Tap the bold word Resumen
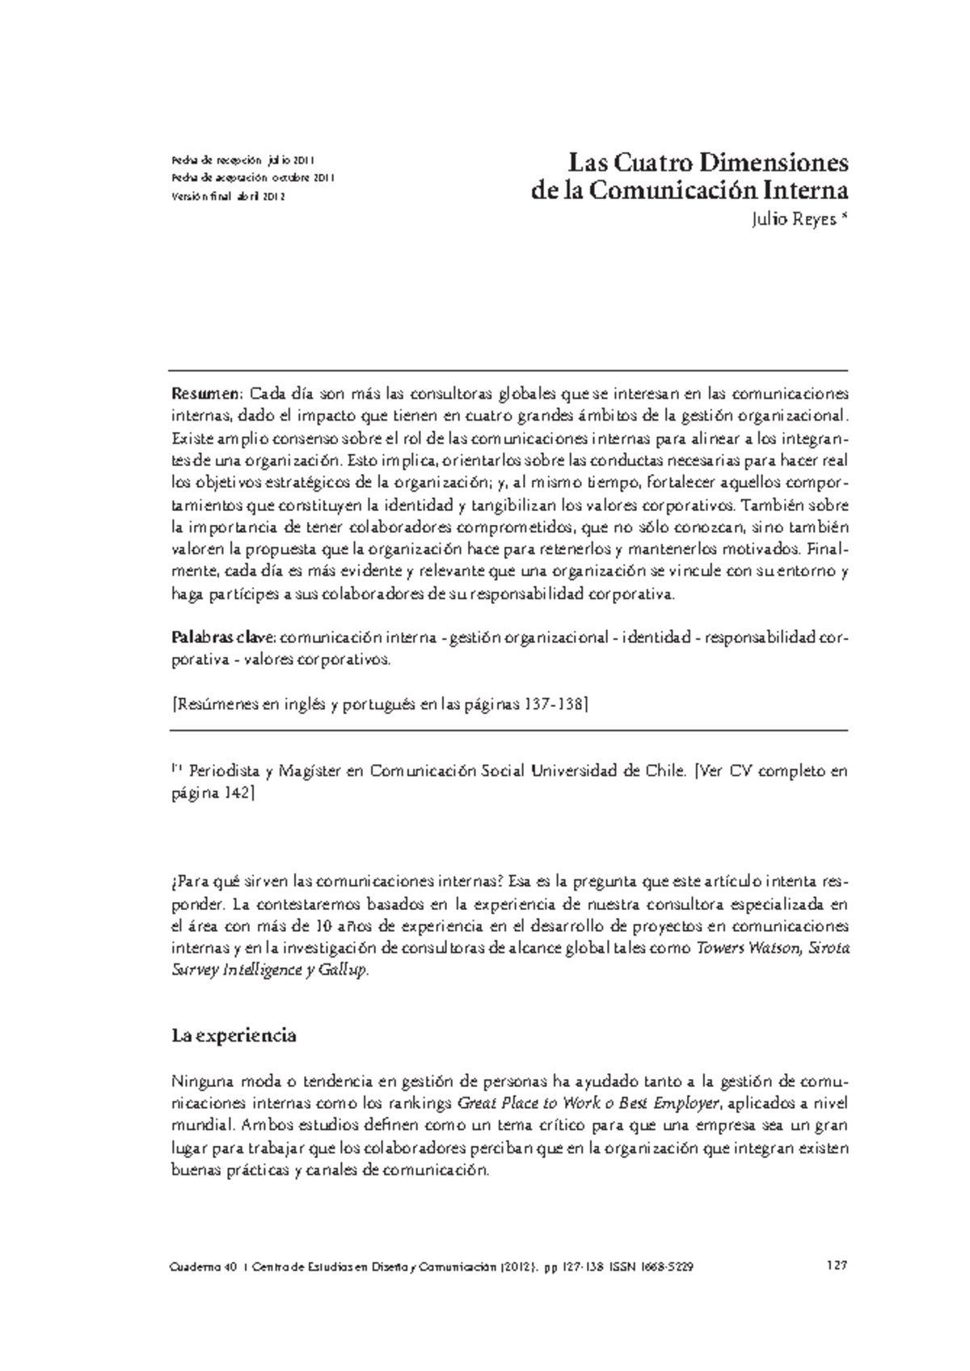click(205, 394)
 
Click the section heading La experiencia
click(234, 1035)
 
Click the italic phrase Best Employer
click(673, 1103)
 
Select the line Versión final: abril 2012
click(229, 197)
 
